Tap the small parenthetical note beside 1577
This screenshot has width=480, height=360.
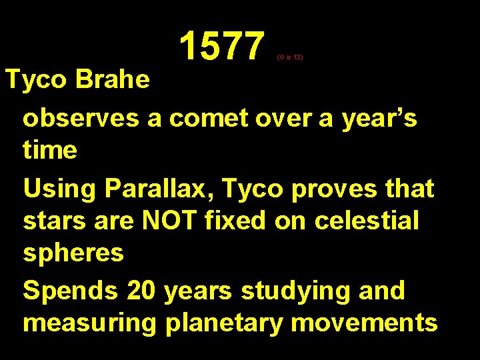pos(290,58)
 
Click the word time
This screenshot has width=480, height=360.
pos(50,149)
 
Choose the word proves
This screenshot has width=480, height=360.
pos(339,189)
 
